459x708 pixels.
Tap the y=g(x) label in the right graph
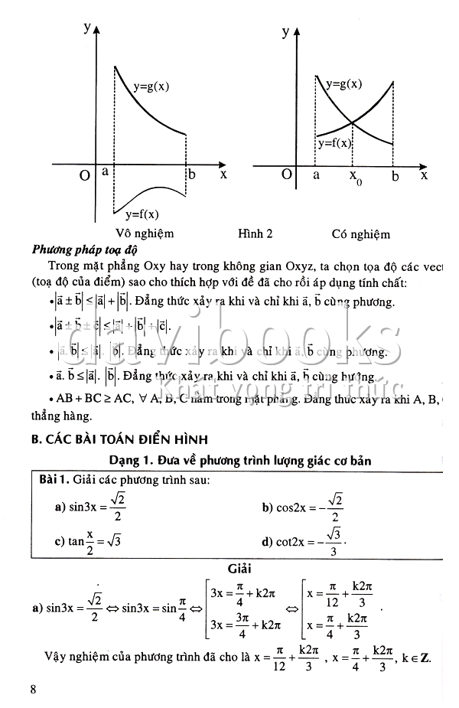(x=344, y=84)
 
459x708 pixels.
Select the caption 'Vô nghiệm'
(x=145, y=233)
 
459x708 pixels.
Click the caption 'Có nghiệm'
(x=360, y=234)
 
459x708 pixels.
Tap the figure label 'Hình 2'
(x=256, y=233)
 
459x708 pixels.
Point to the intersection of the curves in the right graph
(x=353, y=122)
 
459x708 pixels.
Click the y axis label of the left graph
(x=88, y=28)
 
